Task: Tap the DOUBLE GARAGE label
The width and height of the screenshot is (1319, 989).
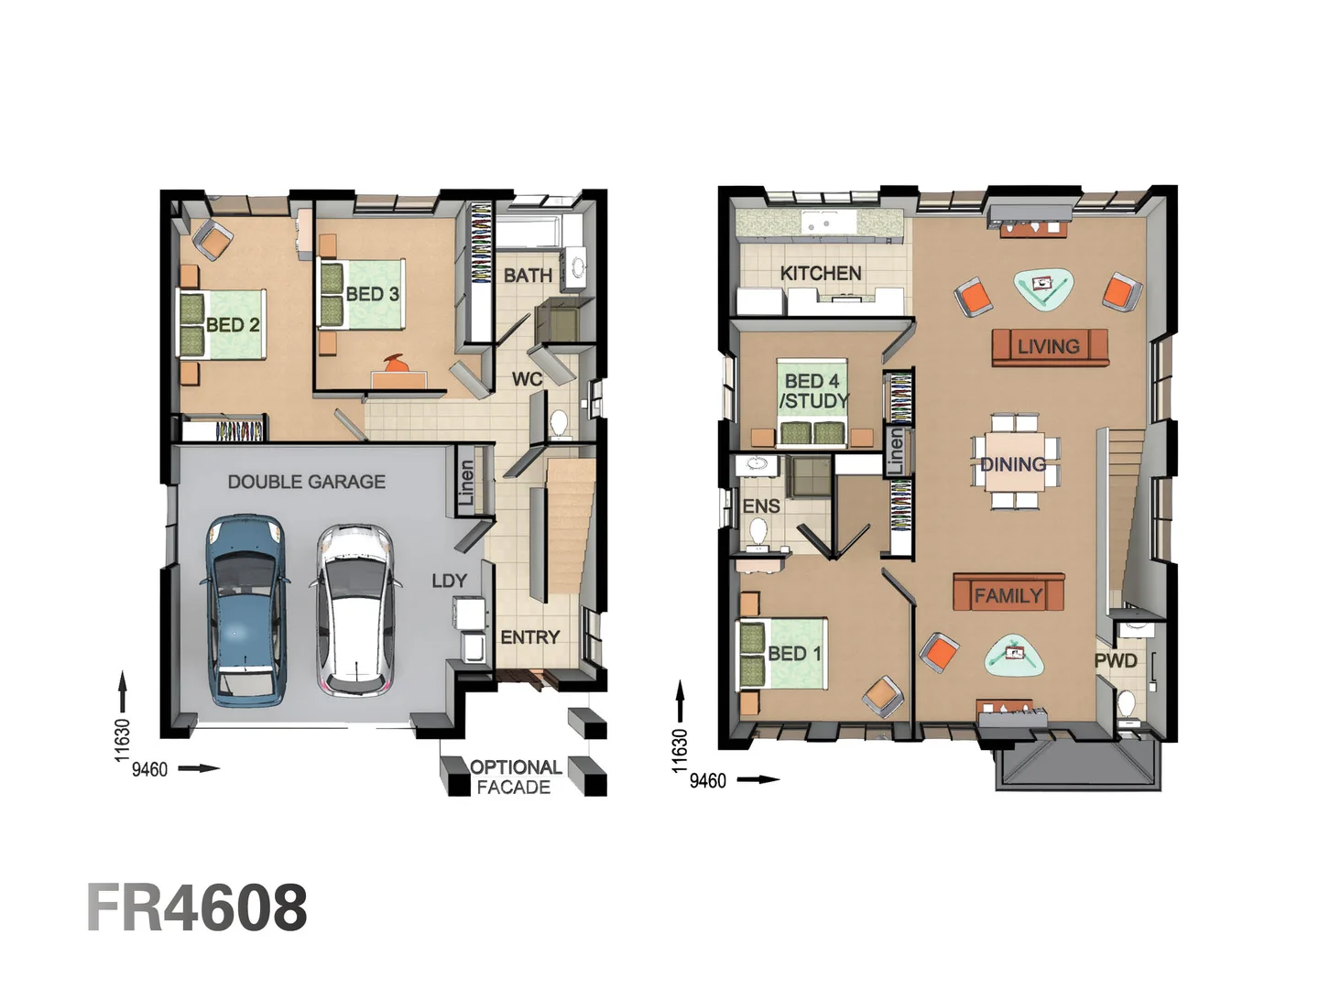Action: tap(306, 482)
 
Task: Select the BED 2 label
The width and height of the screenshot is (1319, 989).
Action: tap(233, 325)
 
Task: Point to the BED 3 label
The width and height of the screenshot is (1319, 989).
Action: tap(372, 294)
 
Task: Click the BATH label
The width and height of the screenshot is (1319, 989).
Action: tap(528, 275)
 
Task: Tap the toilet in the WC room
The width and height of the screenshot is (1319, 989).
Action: tap(559, 424)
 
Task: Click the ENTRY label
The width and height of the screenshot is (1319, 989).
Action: tap(529, 637)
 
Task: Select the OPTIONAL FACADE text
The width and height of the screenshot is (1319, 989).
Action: tap(515, 777)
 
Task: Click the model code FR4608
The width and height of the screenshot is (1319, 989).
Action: tap(197, 907)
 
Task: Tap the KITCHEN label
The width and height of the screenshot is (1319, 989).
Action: tap(820, 273)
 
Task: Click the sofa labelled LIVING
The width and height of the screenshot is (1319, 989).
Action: tap(1050, 346)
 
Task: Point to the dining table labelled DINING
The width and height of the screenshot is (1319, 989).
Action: tap(1014, 463)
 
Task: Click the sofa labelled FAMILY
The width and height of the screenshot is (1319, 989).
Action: tap(1008, 594)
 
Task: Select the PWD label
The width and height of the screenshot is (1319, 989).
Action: tap(1116, 660)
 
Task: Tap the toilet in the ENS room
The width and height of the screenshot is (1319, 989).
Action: tap(758, 532)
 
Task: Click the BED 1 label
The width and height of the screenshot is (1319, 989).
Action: tap(794, 654)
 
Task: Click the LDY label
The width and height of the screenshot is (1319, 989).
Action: tap(449, 581)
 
